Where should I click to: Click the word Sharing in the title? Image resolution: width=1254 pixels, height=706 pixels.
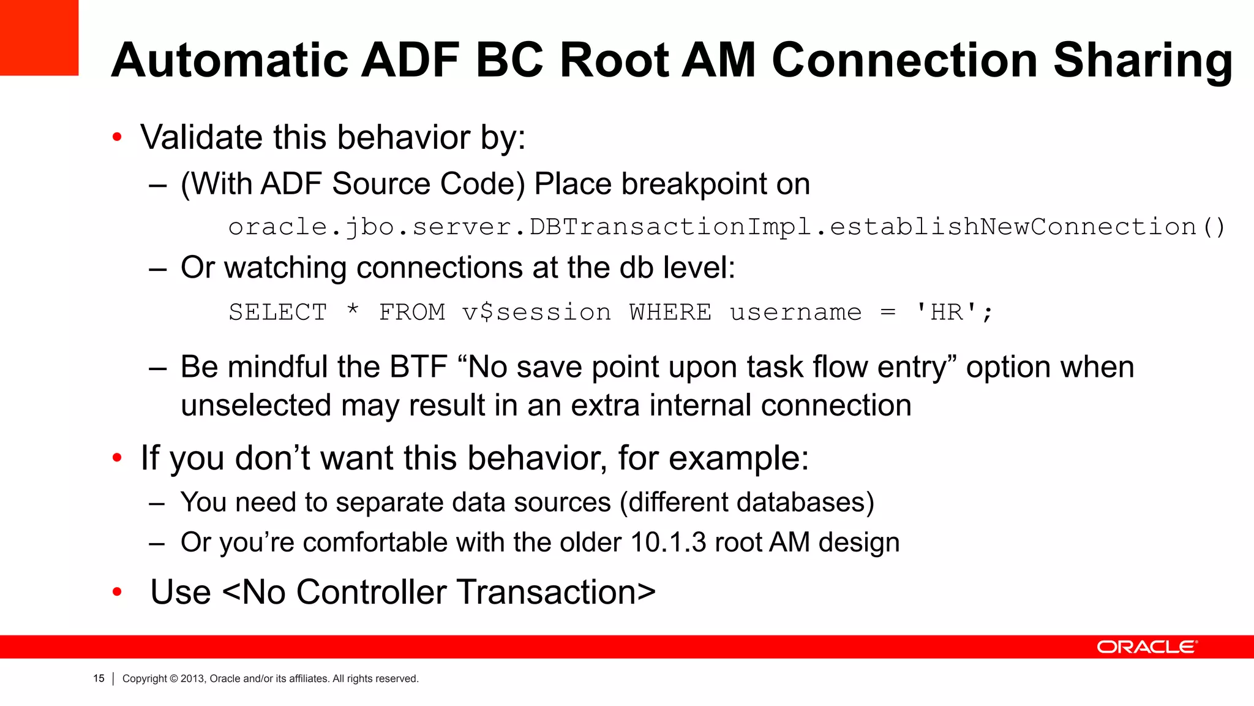point(1143,61)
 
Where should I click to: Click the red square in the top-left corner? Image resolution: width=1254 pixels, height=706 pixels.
point(39,37)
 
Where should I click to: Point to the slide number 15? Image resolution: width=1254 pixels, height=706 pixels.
point(99,678)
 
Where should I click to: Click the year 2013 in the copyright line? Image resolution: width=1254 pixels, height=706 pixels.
point(192,678)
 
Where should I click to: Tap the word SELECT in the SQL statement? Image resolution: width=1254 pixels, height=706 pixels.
point(278,313)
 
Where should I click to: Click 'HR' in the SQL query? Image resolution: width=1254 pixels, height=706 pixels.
point(947,313)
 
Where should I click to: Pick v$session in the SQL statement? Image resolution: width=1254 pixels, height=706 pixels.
point(536,313)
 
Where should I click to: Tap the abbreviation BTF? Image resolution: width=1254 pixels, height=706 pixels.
point(418,367)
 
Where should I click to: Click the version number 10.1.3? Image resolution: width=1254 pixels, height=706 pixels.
point(668,542)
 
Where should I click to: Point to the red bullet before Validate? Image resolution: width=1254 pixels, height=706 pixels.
point(117,137)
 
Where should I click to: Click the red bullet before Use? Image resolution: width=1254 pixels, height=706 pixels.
point(117,592)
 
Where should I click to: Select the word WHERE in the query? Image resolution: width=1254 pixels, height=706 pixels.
point(670,313)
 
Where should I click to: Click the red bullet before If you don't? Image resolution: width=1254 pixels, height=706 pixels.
point(117,458)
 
